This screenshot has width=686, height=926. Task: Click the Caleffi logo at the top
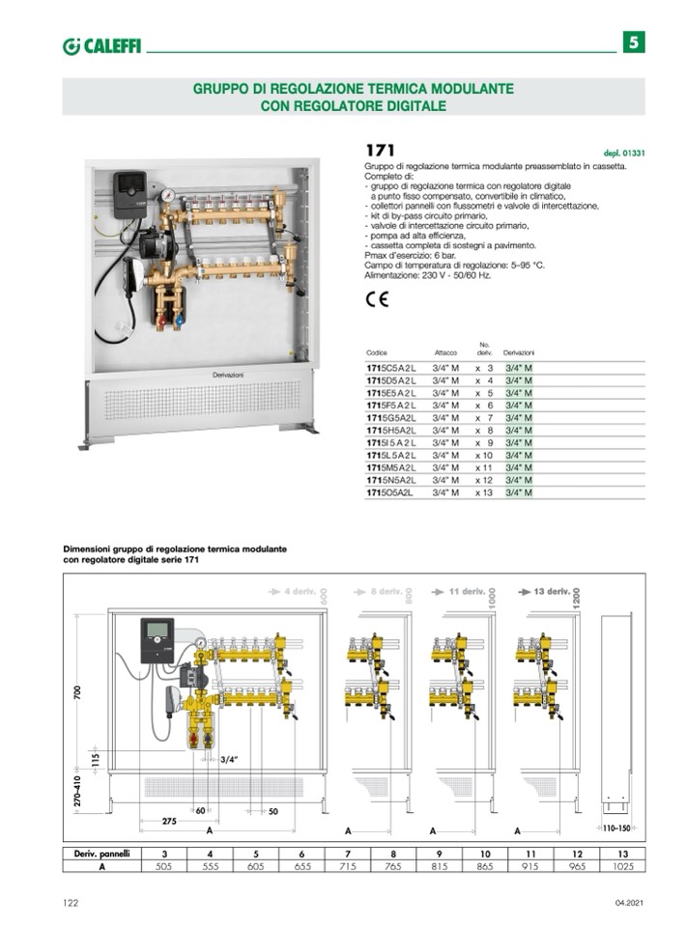tap(101, 45)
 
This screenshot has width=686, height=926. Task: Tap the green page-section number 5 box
tap(633, 42)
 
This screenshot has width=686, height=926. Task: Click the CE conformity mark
tap(377, 299)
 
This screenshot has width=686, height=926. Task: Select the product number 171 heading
tap(379, 151)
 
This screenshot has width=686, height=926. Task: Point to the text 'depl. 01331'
tap(622, 153)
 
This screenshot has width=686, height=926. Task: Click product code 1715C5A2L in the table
tap(389, 368)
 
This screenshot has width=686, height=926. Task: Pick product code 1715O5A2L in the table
tap(389, 492)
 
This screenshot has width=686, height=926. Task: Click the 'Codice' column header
tap(376, 352)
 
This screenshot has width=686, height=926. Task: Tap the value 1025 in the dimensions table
tap(624, 866)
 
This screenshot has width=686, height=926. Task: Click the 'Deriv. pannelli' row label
tap(102, 854)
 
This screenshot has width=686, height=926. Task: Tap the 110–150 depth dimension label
tap(615, 828)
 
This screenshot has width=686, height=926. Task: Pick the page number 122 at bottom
tap(71, 903)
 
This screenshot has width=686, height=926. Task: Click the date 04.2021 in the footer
tap(627, 903)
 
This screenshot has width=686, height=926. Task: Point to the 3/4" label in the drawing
tap(228, 759)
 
